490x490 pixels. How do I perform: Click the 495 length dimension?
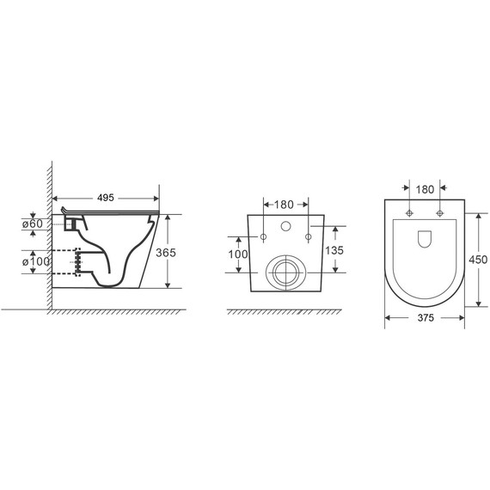[106, 198]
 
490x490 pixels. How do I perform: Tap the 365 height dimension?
[166, 253]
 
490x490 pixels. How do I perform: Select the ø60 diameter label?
[33, 224]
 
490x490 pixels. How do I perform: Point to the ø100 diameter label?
[36, 261]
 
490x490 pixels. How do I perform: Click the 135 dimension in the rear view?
[334, 250]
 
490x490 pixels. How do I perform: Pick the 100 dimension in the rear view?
[238, 254]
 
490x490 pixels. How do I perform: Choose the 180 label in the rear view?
[284, 205]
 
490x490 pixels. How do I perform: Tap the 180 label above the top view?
[425, 189]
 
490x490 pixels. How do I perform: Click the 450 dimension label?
[478, 260]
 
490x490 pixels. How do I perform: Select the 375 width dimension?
[426, 318]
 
